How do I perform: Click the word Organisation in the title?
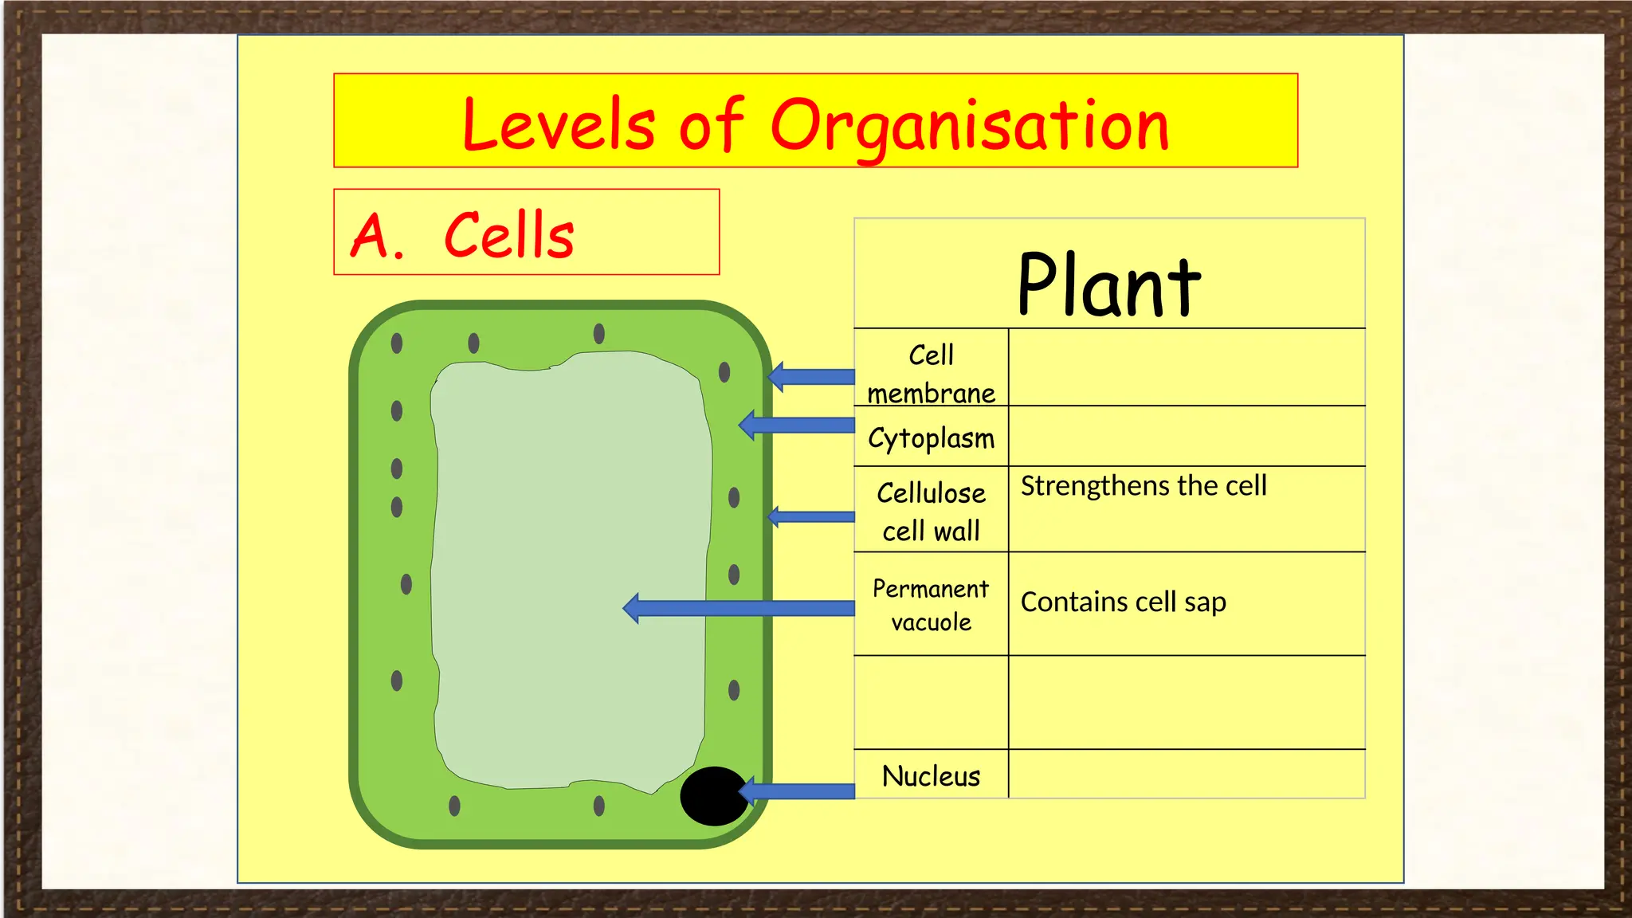[x=969, y=125]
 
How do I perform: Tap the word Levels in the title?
[x=558, y=125]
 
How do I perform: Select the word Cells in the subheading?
[x=508, y=235]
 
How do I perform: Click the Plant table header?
[x=1108, y=284]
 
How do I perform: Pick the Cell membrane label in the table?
[x=931, y=374]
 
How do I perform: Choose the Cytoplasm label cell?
[x=931, y=437]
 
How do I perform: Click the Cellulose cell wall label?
[x=931, y=511]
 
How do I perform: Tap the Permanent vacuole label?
[x=931, y=605]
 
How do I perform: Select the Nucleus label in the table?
[x=931, y=775]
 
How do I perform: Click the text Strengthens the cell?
[x=1144, y=485]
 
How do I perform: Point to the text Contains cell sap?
[x=1123, y=602]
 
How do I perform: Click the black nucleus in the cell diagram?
[x=714, y=795]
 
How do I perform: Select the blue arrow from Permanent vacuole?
[x=741, y=608]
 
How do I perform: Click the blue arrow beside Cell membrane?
[x=813, y=376]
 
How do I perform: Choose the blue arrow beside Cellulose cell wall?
[x=813, y=516]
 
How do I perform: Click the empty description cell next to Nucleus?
[x=1187, y=774]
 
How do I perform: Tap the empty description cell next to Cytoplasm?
[x=1187, y=436]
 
